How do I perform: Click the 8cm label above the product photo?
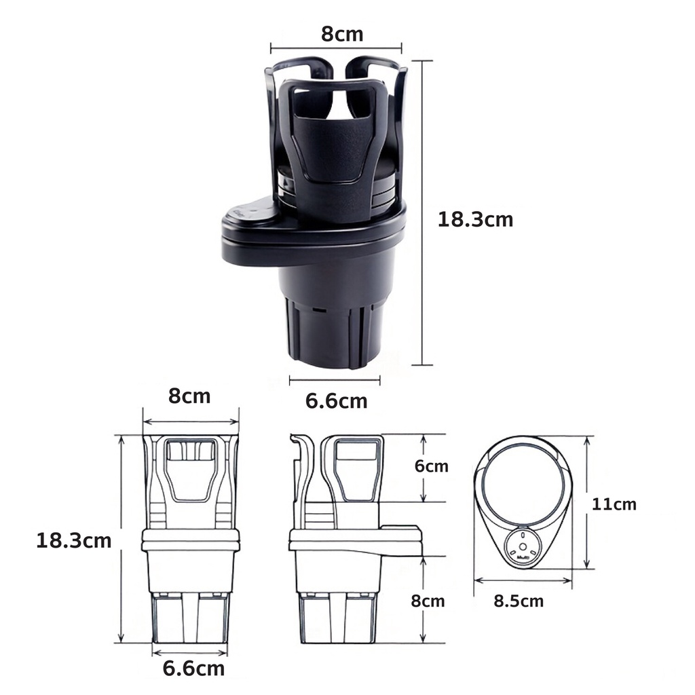tap(342, 34)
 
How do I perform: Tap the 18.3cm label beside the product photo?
tap(475, 219)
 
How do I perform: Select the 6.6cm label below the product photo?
tap(337, 401)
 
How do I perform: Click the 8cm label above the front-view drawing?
tap(189, 396)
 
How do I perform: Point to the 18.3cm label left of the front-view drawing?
tap(73, 541)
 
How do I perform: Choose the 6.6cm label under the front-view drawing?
tap(193, 669)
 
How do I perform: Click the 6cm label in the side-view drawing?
tap(431, 466)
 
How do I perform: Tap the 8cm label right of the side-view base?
tap(428, 601)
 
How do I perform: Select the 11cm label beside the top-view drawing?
tap(614, 504)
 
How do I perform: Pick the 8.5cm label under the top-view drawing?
tap(519, 601)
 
